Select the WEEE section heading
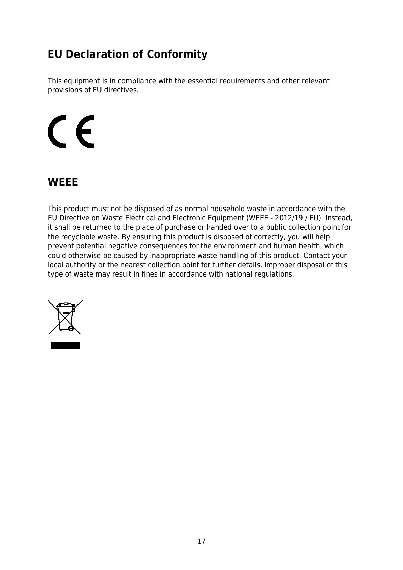pyautogui.click(x=63, y=182)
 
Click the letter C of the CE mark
pyautogui.click(x=57, y=132)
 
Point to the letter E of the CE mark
pyautogui.click(x=85, y=132)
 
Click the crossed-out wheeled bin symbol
pyautogui.click(x=65, y=317)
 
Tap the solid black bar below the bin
pyautogui.click(x=65, y=345)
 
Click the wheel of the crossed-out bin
pyautogui.click(x=71, y=328)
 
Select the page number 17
pyautogui.click(x=201, y=541)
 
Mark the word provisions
pyautogui.click(x=65, y=90)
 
